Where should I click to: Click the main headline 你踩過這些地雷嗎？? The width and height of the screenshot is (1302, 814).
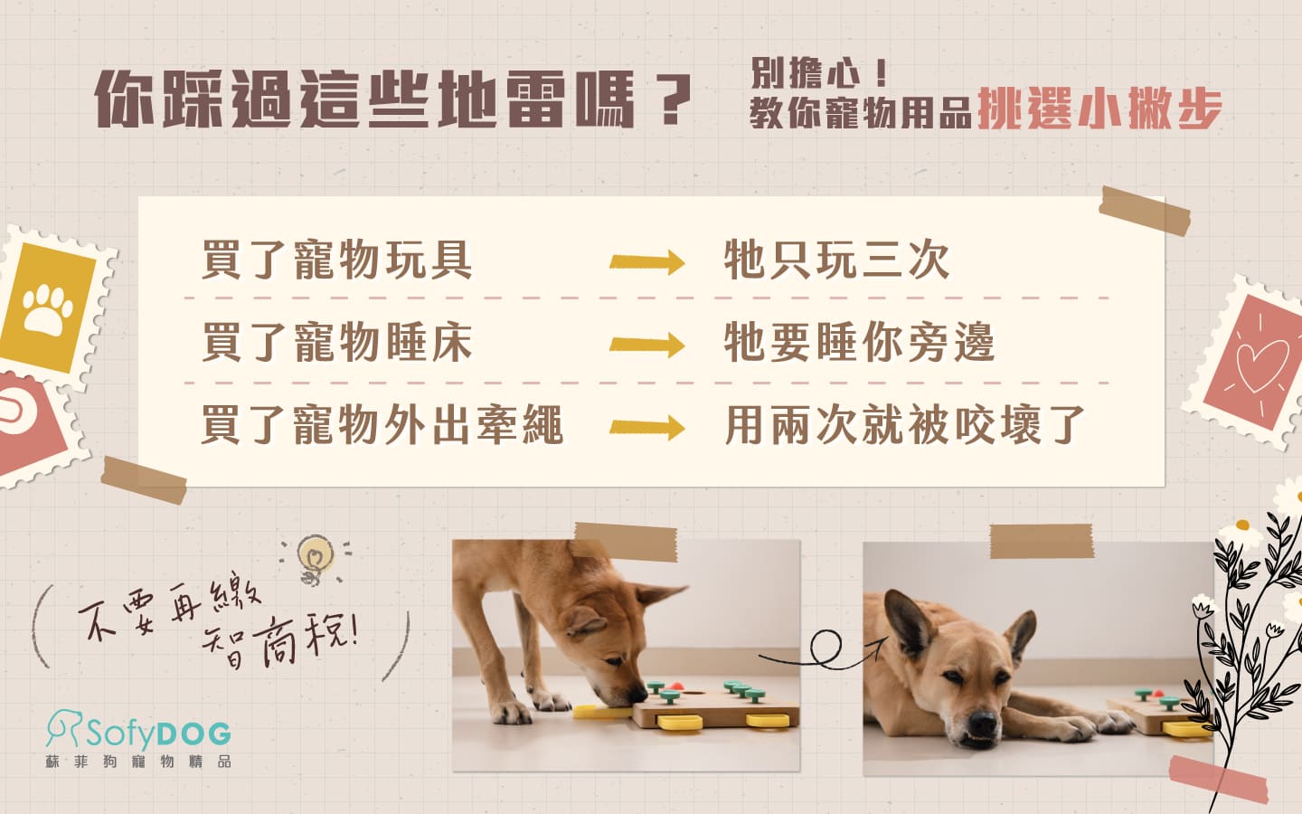393,99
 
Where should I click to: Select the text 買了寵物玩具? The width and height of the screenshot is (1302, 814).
336,260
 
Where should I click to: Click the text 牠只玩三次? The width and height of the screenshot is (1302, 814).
836,260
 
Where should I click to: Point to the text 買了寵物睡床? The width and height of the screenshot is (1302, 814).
336,343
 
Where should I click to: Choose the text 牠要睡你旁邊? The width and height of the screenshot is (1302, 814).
859,343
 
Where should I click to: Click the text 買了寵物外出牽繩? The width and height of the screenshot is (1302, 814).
382,425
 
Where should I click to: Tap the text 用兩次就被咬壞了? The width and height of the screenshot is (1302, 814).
904,425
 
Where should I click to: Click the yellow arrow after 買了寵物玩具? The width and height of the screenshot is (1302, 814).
646,262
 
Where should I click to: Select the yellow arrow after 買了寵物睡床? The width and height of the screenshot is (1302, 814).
646,345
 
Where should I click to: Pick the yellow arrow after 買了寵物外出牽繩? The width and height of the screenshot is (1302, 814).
646,427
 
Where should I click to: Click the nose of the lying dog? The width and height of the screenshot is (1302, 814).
980,724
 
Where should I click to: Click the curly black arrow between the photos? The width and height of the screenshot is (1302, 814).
823,649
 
